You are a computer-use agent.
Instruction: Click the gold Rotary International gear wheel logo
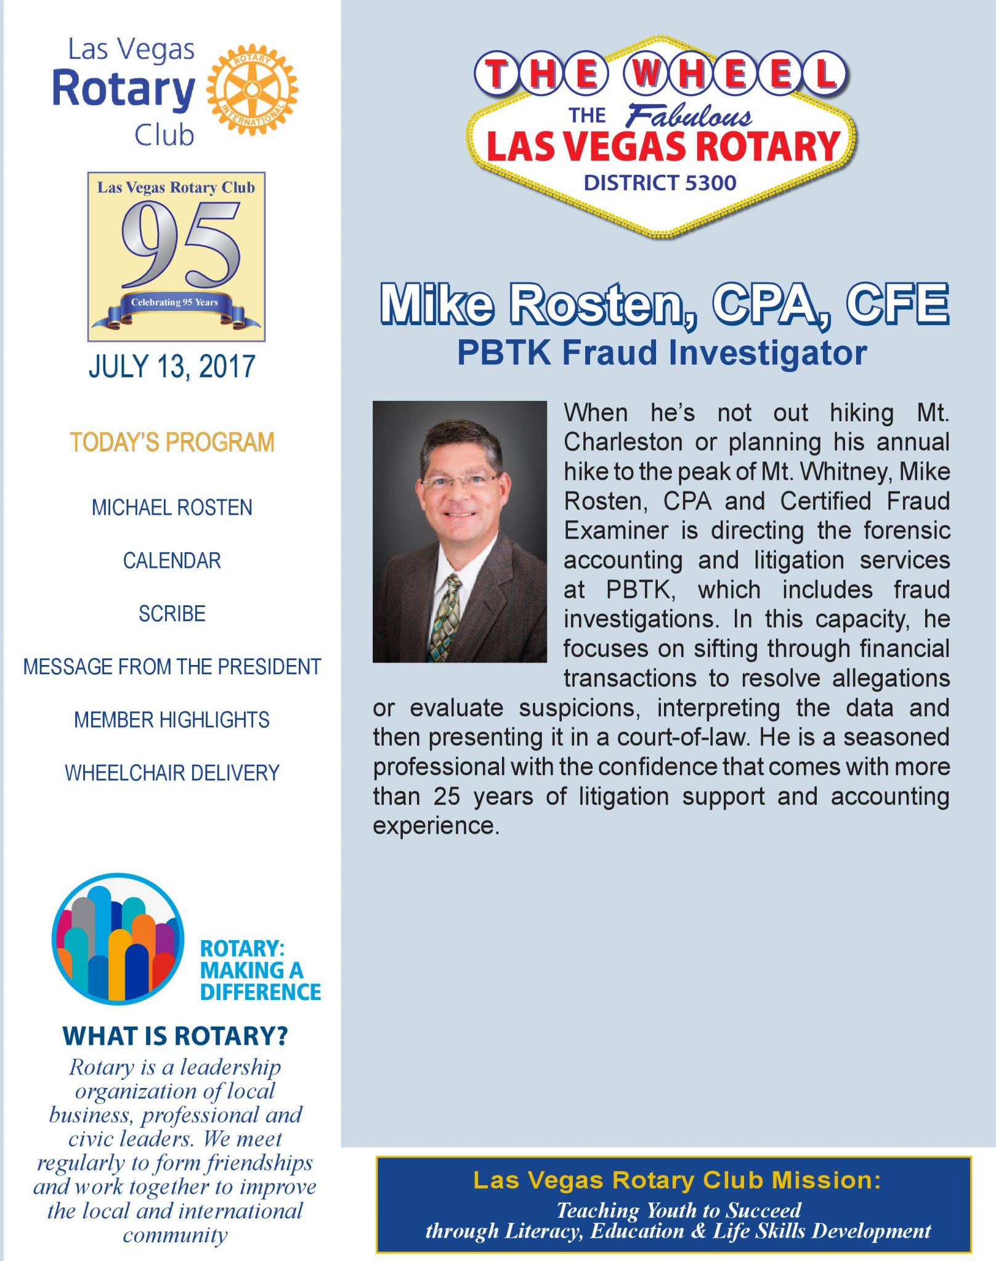(x=252, y=89)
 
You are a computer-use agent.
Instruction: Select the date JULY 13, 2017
(x=172, y=366)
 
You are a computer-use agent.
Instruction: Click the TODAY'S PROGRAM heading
(x=172, y=442)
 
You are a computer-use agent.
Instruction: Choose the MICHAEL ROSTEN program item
(x=172, y=507)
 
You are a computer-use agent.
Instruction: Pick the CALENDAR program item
(x=172, y=560)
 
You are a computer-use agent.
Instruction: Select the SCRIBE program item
(x=172, y=613)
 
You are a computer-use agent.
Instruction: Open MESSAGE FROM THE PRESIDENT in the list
(x=172, y=666)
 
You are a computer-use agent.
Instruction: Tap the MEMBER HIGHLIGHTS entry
(x=172, y=719)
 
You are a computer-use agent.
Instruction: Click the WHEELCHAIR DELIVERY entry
(x=172, y=772)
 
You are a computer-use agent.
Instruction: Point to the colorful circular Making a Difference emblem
(x=118, y=939)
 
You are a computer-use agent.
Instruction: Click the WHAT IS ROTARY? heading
(x=175, y=1036)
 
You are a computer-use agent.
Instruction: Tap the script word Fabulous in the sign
(x=689, y=116)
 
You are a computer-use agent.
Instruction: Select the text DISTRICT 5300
(x=660, y=183)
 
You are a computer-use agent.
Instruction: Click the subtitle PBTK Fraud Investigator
(x=662, y=353)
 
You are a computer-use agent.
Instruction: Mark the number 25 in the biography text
(x=447, y=796)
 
